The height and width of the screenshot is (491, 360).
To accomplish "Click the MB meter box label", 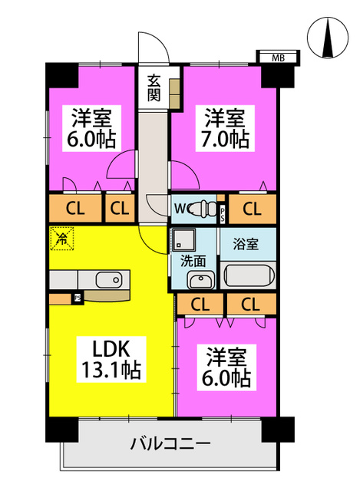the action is [x=278, y=58].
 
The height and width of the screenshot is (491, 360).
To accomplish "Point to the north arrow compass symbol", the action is [x=328, y=38].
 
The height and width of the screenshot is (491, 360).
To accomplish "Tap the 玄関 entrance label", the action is [x=154, y=88].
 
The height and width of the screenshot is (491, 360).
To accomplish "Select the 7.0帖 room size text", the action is [x=225, y=139].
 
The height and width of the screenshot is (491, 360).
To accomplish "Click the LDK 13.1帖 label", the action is [x=111, y=359].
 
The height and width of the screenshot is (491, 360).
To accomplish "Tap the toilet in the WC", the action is [x=204, y=208].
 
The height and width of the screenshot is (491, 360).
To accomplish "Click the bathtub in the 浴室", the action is [x=249, y=276].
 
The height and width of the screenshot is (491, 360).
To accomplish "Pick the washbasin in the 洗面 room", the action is [x=200, y=279].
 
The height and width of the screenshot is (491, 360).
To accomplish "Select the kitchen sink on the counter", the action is [x=109, y=279].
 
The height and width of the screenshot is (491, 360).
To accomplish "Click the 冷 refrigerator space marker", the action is [x=61, y=239].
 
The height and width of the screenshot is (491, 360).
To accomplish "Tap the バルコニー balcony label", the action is [x=170, y=443].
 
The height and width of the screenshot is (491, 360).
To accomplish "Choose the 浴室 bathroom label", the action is [x=246, y=244].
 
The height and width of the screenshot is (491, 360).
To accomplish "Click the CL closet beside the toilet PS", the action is [x=252, y=209].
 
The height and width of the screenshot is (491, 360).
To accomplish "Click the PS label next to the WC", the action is [x=222, y=213].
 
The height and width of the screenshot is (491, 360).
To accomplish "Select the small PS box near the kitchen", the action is [x=78, y=298].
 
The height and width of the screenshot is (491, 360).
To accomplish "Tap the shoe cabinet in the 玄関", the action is [x=174, y=94].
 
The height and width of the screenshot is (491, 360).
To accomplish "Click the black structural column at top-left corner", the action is [x=61, y=75].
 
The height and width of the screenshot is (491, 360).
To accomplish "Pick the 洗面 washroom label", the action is [x=193, y=261].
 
